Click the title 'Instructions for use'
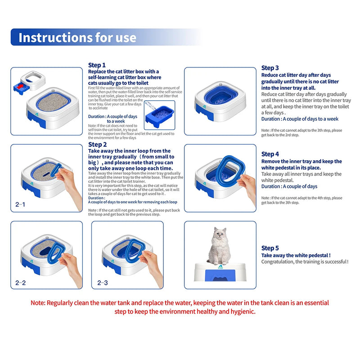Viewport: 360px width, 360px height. [x=77, y=37]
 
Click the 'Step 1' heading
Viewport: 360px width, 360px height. [x=97, y=65]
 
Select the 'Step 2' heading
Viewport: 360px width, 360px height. [x=97, y=144]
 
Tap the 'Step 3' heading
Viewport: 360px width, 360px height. [x=270, y=68]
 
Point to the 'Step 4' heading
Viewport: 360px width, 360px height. [x=270, y=154]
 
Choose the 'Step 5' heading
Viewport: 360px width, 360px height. [x=270, y=248]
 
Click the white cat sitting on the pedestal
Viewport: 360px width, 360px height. [x=219, y=245]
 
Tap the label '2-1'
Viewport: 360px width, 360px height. [x=21, y=205]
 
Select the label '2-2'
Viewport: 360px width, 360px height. [x=21, y=283]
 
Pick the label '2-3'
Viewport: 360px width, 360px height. [x=102, y=283]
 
